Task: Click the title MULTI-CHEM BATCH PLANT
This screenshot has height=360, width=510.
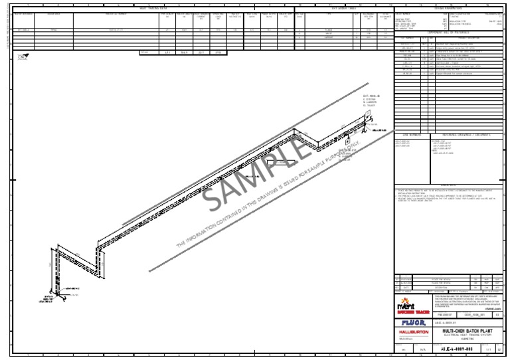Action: (x=469, y=329)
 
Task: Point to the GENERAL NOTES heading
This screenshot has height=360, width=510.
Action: (x=449, y=185)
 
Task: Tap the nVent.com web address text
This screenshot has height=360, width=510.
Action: (x=493, y=309)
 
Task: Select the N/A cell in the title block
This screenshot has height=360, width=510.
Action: (x=422, y=348)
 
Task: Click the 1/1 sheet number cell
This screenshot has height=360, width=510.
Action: (x=487, y=348)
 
